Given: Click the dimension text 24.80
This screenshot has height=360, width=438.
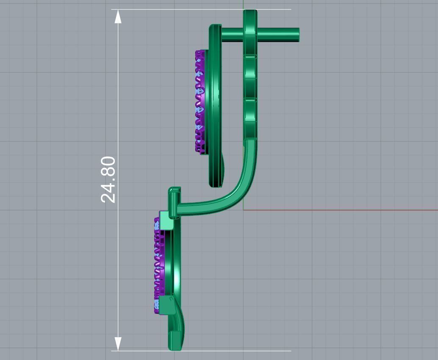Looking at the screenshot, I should coord(108,179).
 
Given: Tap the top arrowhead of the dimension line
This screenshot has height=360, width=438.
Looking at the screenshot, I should coord(118,17).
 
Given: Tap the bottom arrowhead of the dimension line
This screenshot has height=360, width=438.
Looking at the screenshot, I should coord(118,343).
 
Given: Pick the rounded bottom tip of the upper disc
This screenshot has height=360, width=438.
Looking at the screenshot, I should coord(216,184).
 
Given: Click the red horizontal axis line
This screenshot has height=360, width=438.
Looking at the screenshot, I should coord(339,209).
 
